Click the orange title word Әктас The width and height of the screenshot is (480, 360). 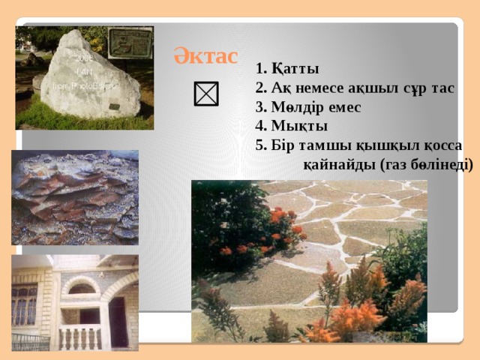pos(205,55)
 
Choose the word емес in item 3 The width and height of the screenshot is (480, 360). pos(344,107)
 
